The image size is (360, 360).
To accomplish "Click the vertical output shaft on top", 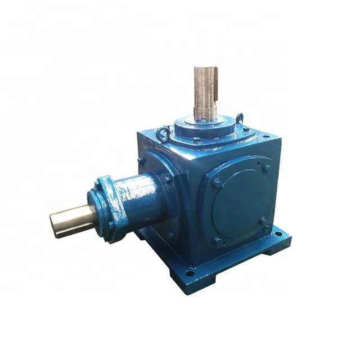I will pyautogui.click(x=205, y=93).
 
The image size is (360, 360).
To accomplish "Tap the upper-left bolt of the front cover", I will pyautogui.click(x=217, y=183).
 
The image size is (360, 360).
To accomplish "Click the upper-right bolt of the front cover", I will pyautogui.click(x=265, y=168).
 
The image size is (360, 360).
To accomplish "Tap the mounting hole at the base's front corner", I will pyautogui.click(x=190, y=273).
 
